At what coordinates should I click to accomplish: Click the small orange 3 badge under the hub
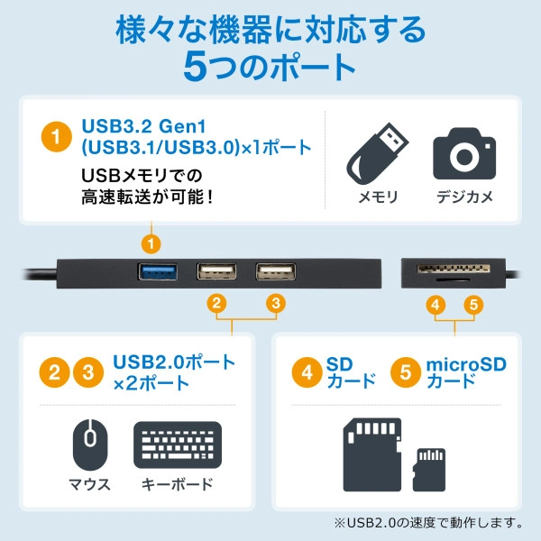[x=277, y=304]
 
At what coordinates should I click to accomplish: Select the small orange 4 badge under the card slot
[x=436, y=304]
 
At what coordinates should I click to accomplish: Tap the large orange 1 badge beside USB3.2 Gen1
[x=56, y=138]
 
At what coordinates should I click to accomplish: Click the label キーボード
[x=178, y=484]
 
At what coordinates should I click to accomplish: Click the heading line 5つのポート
[x=270, y=66]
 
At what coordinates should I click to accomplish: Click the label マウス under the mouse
[x=89, y=484]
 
